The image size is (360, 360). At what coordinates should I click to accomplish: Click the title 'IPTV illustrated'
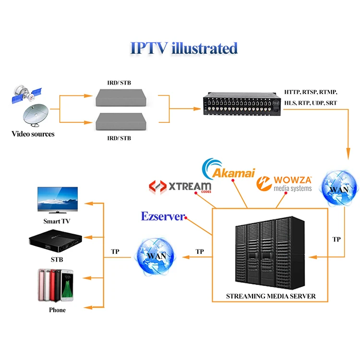(x=184, y=48)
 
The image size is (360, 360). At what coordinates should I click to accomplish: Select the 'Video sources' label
(x=33, y=134)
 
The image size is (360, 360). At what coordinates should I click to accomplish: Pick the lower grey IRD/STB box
(x=120, y=122)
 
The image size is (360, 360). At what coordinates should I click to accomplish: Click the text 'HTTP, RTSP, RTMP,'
(x=311, y=91)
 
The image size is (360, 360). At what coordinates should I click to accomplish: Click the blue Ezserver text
(x=162, y=216)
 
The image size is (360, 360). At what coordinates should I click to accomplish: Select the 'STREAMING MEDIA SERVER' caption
(x=271, y=296)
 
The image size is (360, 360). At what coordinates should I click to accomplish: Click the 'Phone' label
(x=57, y=310)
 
